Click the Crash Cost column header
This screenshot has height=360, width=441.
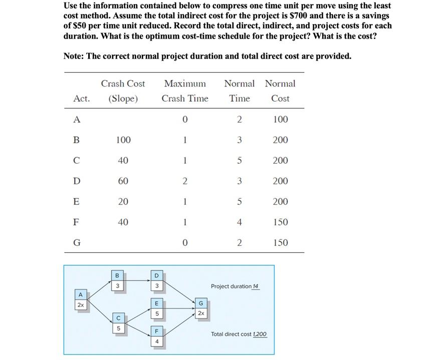[x=123, y=91]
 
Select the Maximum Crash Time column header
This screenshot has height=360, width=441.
[x=184, y=91]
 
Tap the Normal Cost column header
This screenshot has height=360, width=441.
[x=280, y=91]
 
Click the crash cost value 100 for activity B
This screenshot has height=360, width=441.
[x=123, y=140]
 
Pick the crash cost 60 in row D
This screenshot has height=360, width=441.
[x=123, y=181]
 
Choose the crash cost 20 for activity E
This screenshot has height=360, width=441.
[x=123, y=201]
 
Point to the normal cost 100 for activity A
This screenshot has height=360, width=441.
[x=280, y=119]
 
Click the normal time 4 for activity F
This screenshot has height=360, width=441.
[x=239, y=222]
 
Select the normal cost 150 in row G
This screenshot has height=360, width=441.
[x=280, y=242]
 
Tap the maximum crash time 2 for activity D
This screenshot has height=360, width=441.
[x=184, y=181]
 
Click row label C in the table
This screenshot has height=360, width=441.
[x=76, y=160]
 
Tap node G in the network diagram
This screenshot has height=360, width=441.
[x=201, y=308]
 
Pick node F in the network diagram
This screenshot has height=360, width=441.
[x=156, y=336]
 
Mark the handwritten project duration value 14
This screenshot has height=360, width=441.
[x=255, y=286]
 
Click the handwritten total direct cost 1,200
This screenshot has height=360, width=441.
[x=260, y=334]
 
